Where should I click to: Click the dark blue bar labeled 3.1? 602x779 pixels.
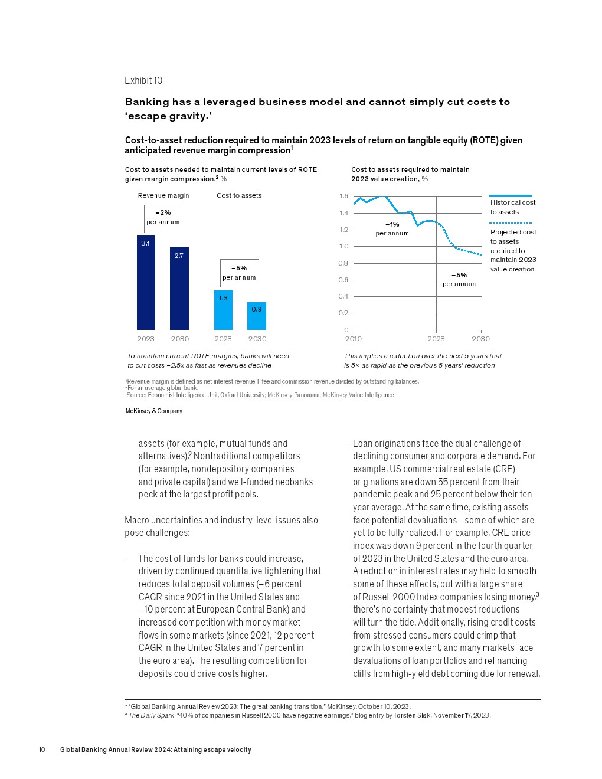pos(146,283)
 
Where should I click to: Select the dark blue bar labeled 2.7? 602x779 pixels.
pos(179,289)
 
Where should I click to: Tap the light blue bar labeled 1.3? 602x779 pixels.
pos(223,310)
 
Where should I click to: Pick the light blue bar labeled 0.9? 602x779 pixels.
pos(257,316)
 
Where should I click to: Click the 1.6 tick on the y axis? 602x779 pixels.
pos(343,196)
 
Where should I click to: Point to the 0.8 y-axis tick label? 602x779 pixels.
pos(343,263)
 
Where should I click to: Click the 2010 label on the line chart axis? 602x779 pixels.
pos(354,339)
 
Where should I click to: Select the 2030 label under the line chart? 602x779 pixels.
pos(480,339)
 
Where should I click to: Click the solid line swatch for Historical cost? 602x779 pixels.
pos(511,195)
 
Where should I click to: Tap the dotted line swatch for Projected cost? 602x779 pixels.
pos(511,223)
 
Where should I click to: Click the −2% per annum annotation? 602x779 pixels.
pos(163,217)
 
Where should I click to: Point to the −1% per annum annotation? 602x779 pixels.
pos(392,228)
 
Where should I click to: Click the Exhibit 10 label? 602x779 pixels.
pos(143,81)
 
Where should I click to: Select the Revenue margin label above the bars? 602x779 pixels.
pos(163,195)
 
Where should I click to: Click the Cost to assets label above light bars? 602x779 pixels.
pos(239,195)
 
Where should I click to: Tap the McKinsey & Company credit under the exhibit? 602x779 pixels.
pos(154,411)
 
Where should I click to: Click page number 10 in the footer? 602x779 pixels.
pos(42,749)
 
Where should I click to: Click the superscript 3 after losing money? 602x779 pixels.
pos(538,595)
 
